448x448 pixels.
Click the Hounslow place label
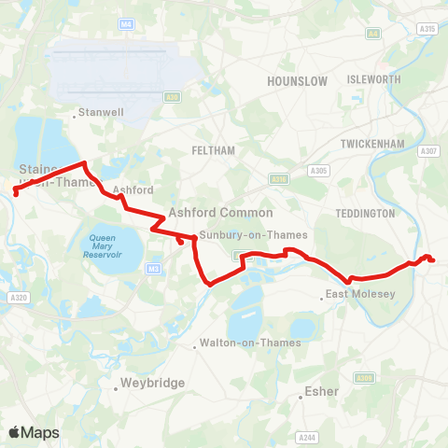(x=297, y=81)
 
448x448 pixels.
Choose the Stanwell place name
(x=99, y=117)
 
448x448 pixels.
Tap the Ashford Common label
(x=220, y=213)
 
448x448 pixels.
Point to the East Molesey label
(x=360, y=295)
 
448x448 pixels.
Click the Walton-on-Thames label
(x=249, y=343)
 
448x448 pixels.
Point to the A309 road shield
(x=365, y=377)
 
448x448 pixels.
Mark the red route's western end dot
(x=16, y=193)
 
